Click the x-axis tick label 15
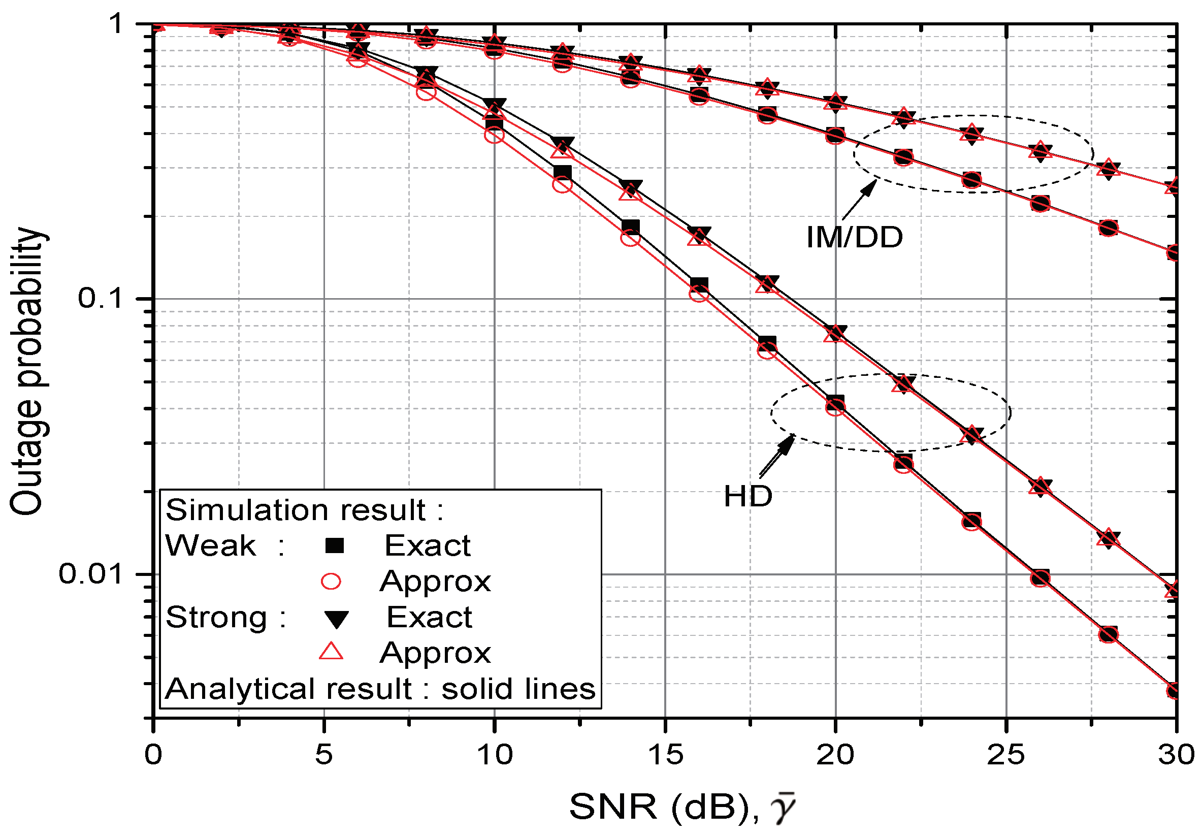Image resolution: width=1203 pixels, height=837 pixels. coord(665,755)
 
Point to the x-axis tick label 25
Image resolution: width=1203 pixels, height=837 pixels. coord(1005,755)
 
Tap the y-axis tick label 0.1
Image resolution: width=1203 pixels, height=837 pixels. coord(99,298)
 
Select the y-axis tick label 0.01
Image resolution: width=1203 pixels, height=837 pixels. coord(89,573)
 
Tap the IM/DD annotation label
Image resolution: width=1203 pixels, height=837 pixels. coord(854,237)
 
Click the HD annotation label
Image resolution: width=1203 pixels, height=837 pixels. coord(747,496)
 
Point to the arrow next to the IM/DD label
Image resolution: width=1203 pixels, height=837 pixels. coord(859,199)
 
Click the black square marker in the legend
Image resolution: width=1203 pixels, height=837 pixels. coord(334,545)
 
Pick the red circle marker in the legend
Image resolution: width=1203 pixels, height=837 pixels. coord(331,581)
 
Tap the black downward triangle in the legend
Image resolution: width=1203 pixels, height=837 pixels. coord(336,619)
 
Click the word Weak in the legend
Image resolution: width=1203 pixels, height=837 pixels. coord(210,545)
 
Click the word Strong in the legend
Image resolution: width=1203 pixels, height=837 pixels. coord(216,618)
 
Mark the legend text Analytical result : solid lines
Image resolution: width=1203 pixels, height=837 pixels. coord(380,689)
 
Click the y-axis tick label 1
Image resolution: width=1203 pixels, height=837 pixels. coord(116,23)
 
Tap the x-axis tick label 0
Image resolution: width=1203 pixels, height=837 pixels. coord(153,755)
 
